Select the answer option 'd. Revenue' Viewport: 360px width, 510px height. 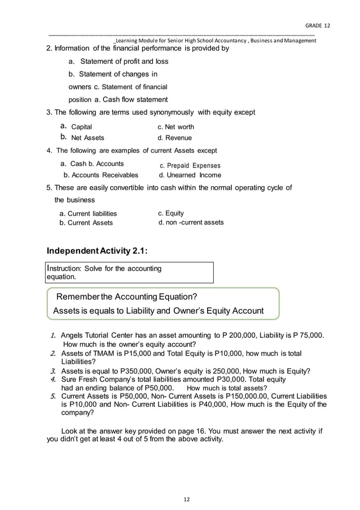click(x=175, y=138)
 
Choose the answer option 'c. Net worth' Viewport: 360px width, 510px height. click(x=175, y=127)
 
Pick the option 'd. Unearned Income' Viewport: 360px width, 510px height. click(x=190, y=175)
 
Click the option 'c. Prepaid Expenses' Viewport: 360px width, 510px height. click(x=190, y=166)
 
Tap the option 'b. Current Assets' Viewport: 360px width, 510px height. click(x=86, y=223)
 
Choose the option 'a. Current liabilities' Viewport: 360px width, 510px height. click(x=88, y=214)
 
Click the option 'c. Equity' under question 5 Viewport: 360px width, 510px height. click(x=171, y=213)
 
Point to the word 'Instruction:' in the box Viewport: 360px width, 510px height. click(x=67, y=269)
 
